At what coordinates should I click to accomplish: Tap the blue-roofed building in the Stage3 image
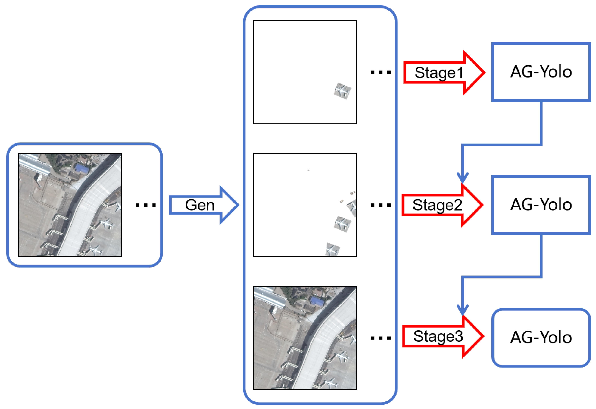317,301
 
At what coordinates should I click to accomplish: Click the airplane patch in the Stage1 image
342,91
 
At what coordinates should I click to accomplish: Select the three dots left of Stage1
381,73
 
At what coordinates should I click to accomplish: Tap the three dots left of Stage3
381,338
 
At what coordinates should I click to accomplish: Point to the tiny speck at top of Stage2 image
308,170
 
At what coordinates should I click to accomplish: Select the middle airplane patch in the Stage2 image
342,224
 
